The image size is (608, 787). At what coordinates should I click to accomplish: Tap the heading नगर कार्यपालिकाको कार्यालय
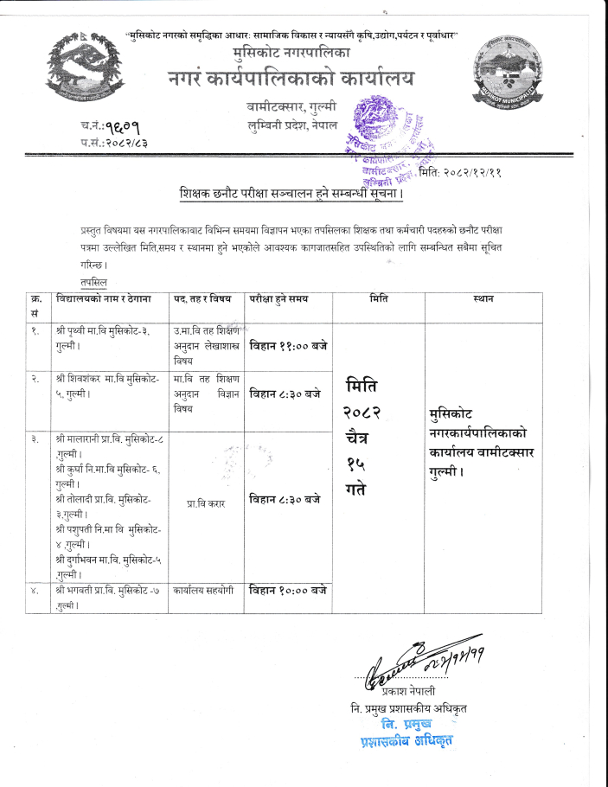291,79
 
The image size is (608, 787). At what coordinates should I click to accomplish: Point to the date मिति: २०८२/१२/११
460,172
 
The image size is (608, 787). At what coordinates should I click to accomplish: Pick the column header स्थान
483,298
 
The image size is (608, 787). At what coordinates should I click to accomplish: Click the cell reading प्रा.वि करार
205,502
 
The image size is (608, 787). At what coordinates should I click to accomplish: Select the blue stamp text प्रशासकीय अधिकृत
407,740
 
